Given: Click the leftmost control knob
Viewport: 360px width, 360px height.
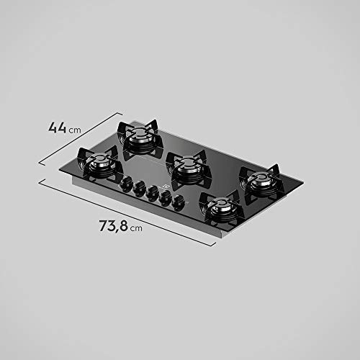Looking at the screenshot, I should [125, 183].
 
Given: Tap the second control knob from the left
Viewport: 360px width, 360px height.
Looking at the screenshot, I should [138, 188].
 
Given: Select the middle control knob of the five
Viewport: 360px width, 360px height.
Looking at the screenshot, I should [152, 192].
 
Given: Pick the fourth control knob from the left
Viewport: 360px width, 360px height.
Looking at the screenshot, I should [166, 198].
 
